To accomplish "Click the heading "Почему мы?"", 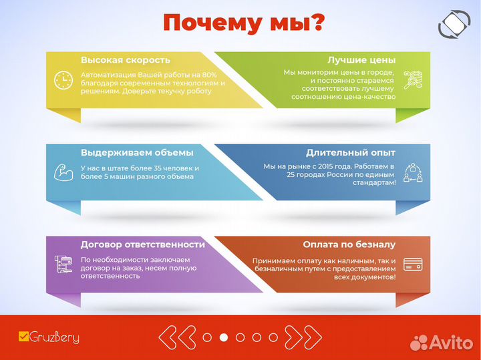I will click(x=245, y=23).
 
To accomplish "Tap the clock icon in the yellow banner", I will click(x=63, y=80).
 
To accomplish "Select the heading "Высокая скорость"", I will click(x=126, y=59).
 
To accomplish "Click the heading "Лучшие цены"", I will click(x=361, y=59).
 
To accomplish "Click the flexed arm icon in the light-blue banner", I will click(x=63, y=172).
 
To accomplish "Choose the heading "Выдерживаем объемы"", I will click(x=137, y=152).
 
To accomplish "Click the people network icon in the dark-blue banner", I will click(x=412, y=172).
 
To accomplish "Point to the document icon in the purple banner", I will click(x=63, y=264).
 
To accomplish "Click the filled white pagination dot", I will click(x=224, y=337).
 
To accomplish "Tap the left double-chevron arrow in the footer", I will click(x=178, y=337).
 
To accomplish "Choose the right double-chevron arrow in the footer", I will click(x=303, y=337).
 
